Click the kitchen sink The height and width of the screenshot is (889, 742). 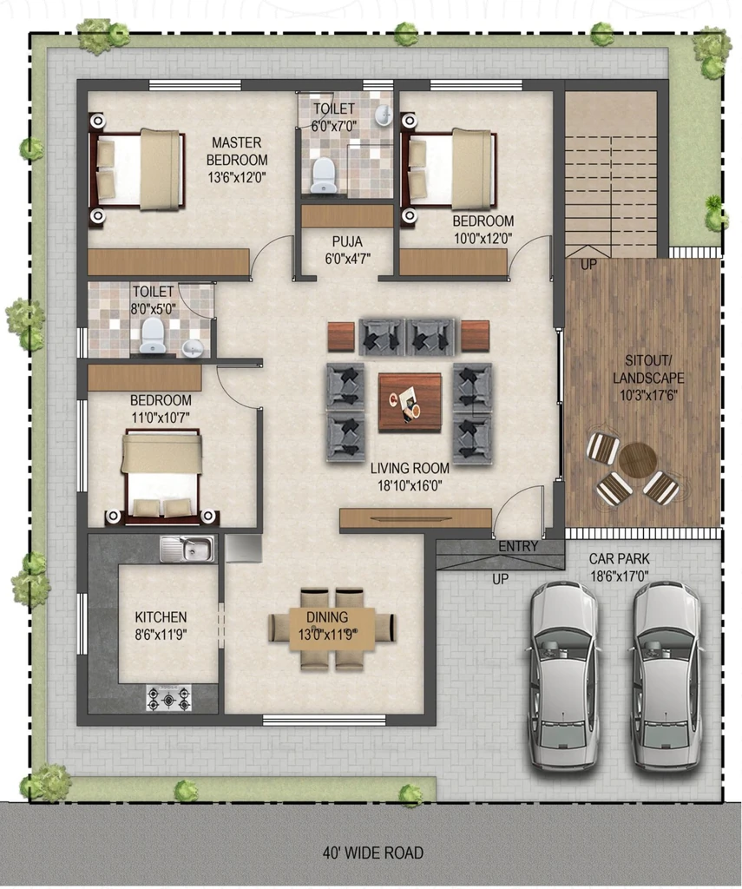pyautogui.click(x=187, y=549)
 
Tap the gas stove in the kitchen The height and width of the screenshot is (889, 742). pyautogui.click(x=168, y=698)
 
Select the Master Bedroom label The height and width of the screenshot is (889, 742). pyautogui.click(x=237, y=151)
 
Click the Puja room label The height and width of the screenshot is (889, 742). pyautogui.click(x=347, y=242)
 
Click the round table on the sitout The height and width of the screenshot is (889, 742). pyautogui.click(x=637, y=461)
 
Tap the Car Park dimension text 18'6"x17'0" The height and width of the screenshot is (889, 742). pyautogui.click(x=619, y=576)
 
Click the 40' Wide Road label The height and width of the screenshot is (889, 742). pyautogui.click(x=372, y=853)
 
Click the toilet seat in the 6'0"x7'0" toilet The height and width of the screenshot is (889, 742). pyautogui.click(x=323, y=175)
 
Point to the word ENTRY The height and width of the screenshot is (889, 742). pyautogui.click(x=518, y=546)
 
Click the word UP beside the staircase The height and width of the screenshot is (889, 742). pyautogui.click(x=588, y=264)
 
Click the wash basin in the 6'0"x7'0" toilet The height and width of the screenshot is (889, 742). pyautogui.click(x=384, y=115)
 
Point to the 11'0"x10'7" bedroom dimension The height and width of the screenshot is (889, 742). pyautogui.click(x=161, y=418)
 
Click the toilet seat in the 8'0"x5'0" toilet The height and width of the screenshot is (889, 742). pyautogui.click(x=152, y=335)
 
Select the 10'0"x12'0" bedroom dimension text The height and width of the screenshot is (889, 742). pyautogui.click(x=483, y=238)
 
